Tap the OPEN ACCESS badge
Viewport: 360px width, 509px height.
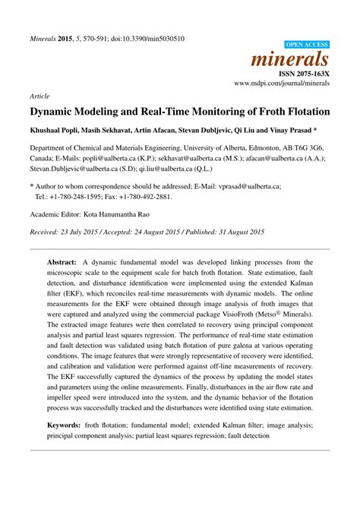coord(305,46)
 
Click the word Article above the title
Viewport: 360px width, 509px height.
coord(39,97)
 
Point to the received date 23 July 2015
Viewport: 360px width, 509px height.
coord(89,231)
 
